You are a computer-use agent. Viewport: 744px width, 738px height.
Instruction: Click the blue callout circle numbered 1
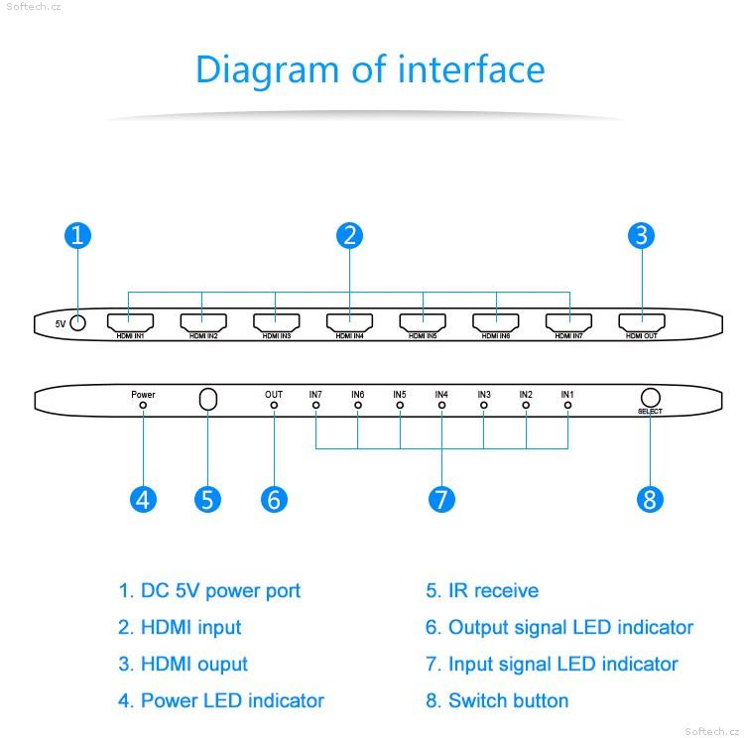(77, 235)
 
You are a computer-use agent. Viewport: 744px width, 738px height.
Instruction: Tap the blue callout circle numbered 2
(350, 235)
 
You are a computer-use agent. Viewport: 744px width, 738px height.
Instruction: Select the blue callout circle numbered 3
(641, 235)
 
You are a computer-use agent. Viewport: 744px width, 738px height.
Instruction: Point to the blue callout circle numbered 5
(208, 499)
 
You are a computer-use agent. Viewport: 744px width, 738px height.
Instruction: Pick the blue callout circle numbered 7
(441, 499)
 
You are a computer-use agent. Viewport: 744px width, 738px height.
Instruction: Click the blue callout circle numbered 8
(650, 499)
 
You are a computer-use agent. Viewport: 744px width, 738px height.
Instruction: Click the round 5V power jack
(77, 323)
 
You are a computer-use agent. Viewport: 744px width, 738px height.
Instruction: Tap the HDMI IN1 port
(130, 322)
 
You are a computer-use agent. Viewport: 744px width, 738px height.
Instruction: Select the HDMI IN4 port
(350, 322)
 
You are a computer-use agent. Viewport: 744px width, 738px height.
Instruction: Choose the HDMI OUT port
(642, 322)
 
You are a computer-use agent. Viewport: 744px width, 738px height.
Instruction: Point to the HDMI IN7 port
(569, 322)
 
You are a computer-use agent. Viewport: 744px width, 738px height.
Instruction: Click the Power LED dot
(143, 406)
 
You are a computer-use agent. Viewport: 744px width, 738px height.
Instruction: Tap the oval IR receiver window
(208, 399)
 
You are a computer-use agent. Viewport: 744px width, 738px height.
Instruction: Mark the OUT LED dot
(274, 406)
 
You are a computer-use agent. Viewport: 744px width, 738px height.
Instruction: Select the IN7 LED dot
(316, 406)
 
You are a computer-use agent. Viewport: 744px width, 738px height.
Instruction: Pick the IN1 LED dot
(567, 406)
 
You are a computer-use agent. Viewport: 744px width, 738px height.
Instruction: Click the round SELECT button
(650, 398)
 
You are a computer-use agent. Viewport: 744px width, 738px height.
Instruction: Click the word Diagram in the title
(267, 70)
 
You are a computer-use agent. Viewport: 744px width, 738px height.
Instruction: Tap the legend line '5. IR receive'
(482, 591)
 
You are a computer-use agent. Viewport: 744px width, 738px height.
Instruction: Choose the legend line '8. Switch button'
(497, 700)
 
